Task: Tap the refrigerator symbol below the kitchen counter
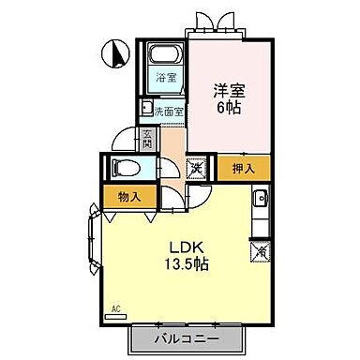pyautogui.click(x=260, y=250)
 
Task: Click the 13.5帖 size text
pyautogui.click(x=183, y=264)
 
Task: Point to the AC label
pyautogui.click(x=116, y=307)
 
